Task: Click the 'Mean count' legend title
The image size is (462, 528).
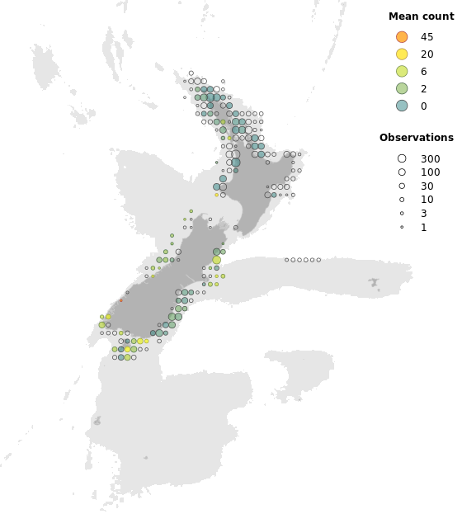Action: pyautogui.click(x=417, y=16)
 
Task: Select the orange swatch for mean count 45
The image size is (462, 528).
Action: pyautogui.click(x=402, y=37)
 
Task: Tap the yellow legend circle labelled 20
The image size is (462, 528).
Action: pyautogui.click(x=402, y=54)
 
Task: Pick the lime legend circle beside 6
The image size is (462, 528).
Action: pyautogui.click(x=402, y=72)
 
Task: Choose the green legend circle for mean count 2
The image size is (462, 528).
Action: pyautogui.click(x=402, y=88)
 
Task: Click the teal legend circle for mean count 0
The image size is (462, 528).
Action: pyautogui.click(x=402, y=106)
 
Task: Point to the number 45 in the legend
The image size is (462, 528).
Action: pyautogui.click(x=427, y=37)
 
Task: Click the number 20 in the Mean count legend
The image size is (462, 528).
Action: pyautogui.click(x=427, y=54)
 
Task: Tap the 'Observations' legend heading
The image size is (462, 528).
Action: pyautogui.click(x=416, y=138)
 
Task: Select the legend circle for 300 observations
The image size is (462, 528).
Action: pyautogui.click(x=402, y=158)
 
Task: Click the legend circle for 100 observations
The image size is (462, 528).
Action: pyautogui.click(x=402, y=172)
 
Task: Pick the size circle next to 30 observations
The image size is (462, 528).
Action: pyautogui.click(x=402, y=186)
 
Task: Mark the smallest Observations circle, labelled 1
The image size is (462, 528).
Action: pyautogui.click(x=402, y=227)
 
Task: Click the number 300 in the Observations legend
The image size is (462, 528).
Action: pyautogui.click(x=430, y=158)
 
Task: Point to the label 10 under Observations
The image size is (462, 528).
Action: pyautogui.click(x=427, y=200)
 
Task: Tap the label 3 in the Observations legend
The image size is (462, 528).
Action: pyautogui.click(x=424, y=214)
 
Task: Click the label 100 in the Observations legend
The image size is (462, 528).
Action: pyautogui.click(x=430, y=172)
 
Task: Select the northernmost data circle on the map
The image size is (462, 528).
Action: pyautogui.click(x=191, y=73)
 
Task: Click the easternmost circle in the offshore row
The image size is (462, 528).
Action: pyautogui.click(x=318, y=260)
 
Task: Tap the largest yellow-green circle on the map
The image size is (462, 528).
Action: pyautogui.click(x=217, y=260)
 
